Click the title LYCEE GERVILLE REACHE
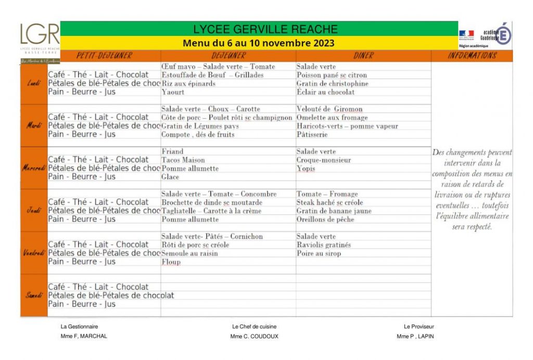click(x=265, y=30)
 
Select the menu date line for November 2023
click(x=258, y=43)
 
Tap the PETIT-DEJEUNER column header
click(x=104, y=56)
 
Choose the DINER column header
click(x=363, y=56)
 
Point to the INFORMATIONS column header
click(x=472, y=56)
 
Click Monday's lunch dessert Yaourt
click(x=173, y=92)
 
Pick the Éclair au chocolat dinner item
click(x=325, y=92)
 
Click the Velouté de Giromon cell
click(x=329, y=109)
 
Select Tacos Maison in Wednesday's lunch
click(x=183, y=160)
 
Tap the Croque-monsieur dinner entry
click(x=324, y=160)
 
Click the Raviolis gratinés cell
click(x=324, y=245)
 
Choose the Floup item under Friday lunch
click(x=171, y=262)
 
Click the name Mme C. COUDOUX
click(x=254, y=337)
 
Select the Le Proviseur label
click(x=418, y=327)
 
